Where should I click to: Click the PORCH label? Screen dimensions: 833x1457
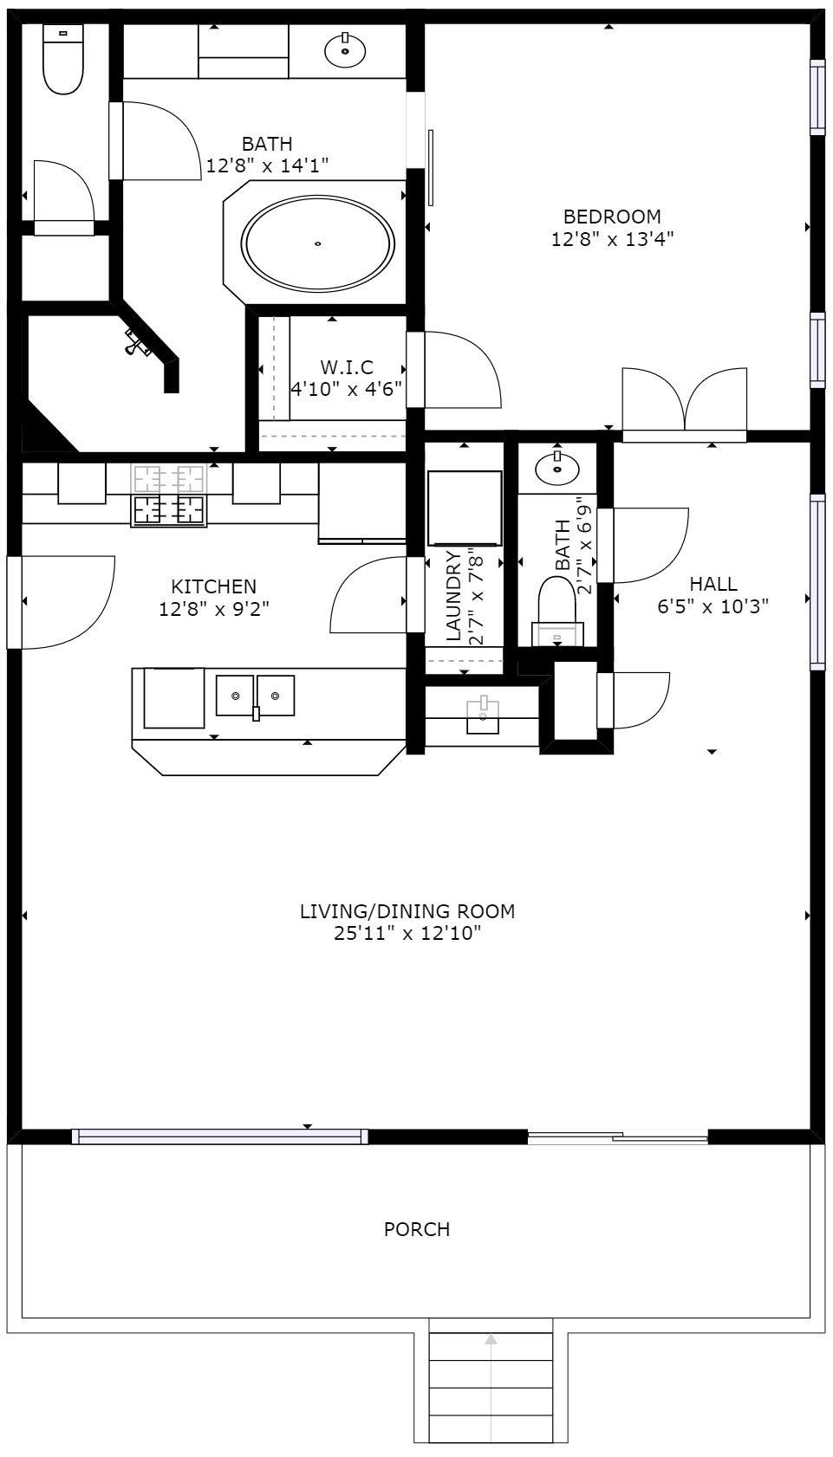[x=416, y=1229]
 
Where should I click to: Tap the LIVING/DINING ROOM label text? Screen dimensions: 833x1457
[x=407, y=911]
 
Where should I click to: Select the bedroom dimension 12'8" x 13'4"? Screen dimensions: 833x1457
[x=612, y=239]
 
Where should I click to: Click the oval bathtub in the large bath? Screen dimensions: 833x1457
[x=317, y=243]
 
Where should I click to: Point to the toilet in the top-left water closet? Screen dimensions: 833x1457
[x=63, y=59]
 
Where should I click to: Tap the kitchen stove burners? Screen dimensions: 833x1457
[x=169, y=495]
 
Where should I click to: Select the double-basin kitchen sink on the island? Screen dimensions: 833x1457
[x=255, y=696]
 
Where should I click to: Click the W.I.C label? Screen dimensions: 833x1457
[x=347, y=367]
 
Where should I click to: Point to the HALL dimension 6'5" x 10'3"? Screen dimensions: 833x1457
[x=713, y=606]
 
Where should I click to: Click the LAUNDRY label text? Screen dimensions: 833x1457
[x=454, y=596]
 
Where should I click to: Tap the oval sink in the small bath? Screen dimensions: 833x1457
[x=556, y=468]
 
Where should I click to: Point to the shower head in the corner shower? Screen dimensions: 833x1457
[x=137, y=343]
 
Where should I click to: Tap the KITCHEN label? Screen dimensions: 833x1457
[x=213, y=586]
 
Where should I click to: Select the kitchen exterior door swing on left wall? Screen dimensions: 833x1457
[x=62, y=602]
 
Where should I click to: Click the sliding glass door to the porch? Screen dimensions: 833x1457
[x=617, y=1137]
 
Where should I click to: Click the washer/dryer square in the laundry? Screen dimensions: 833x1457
[x=465, y=508]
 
